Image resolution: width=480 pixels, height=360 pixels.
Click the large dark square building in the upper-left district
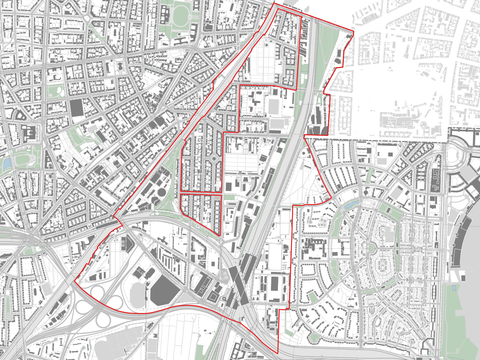coord(78,106)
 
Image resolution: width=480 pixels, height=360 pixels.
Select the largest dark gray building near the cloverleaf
coord(164,290)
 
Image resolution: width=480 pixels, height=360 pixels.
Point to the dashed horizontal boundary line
coord(400,138)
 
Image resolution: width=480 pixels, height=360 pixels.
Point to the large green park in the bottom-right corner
coord(462,320)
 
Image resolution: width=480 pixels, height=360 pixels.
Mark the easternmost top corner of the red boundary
coord(353,35)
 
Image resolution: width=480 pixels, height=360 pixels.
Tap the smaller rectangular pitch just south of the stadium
coord(275,124)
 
